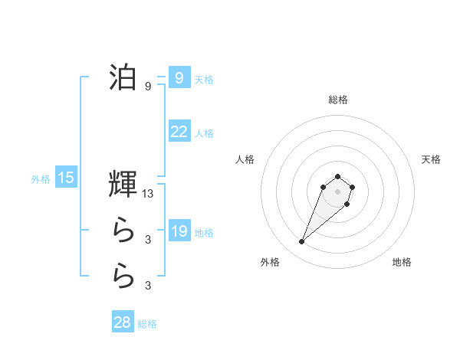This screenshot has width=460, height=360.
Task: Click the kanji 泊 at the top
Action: pos(123,78)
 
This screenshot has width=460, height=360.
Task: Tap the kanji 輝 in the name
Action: pos(123,185)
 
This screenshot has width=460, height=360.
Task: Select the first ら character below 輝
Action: pos(123,229)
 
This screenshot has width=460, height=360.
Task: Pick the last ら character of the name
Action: pos(123,275)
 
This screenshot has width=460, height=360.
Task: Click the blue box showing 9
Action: pos(179,78)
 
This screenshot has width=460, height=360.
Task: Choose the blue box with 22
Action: pos(179,132)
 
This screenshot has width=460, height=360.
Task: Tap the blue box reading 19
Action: pos(179,231)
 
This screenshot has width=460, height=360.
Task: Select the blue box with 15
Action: pos(66,178)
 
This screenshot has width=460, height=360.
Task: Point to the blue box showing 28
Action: pos(123,322)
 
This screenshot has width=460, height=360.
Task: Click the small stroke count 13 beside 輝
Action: pos(148,195)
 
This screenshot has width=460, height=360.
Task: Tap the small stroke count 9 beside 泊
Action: pos(148,87)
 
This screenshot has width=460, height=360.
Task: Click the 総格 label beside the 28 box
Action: pos(147,324)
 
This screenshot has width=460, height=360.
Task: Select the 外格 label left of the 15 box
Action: pos(41,179)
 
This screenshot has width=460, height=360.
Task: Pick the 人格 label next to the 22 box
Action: pos(204,133)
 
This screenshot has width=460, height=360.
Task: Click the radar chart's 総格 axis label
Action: pos(337,100)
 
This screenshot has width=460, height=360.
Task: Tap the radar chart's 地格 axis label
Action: pos(402,262)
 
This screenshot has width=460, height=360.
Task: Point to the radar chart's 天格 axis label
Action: pos(431,159)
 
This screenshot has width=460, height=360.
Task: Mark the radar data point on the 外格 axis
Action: pos(302,242)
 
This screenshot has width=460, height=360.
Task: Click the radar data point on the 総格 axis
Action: pos(337,177)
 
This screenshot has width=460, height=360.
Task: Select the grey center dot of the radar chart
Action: pos(337,191)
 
